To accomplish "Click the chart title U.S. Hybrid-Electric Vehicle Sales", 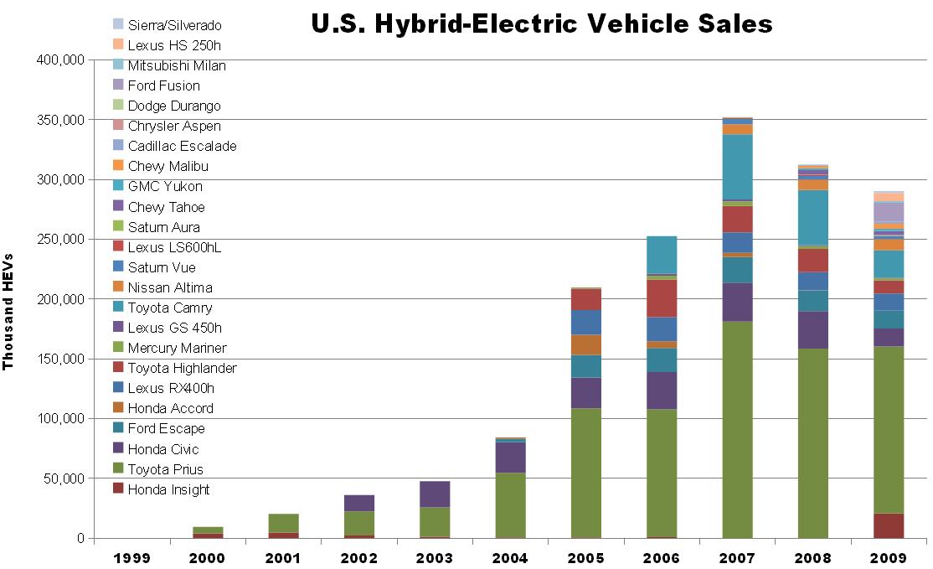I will point(541,23).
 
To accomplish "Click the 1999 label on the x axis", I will point(132,556).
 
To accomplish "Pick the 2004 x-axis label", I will point(510,556).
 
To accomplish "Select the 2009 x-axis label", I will point(889,556).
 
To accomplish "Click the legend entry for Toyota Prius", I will point(165,469).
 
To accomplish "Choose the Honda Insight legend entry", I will point(168,489).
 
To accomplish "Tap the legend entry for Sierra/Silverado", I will point(174,25).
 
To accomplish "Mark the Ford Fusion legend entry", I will point(163,85).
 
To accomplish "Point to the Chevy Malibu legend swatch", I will point(117,166).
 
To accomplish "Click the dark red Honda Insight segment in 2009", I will point(889,525).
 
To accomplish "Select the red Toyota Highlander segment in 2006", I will point(661,297).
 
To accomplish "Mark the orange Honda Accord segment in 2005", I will point(585,344).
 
